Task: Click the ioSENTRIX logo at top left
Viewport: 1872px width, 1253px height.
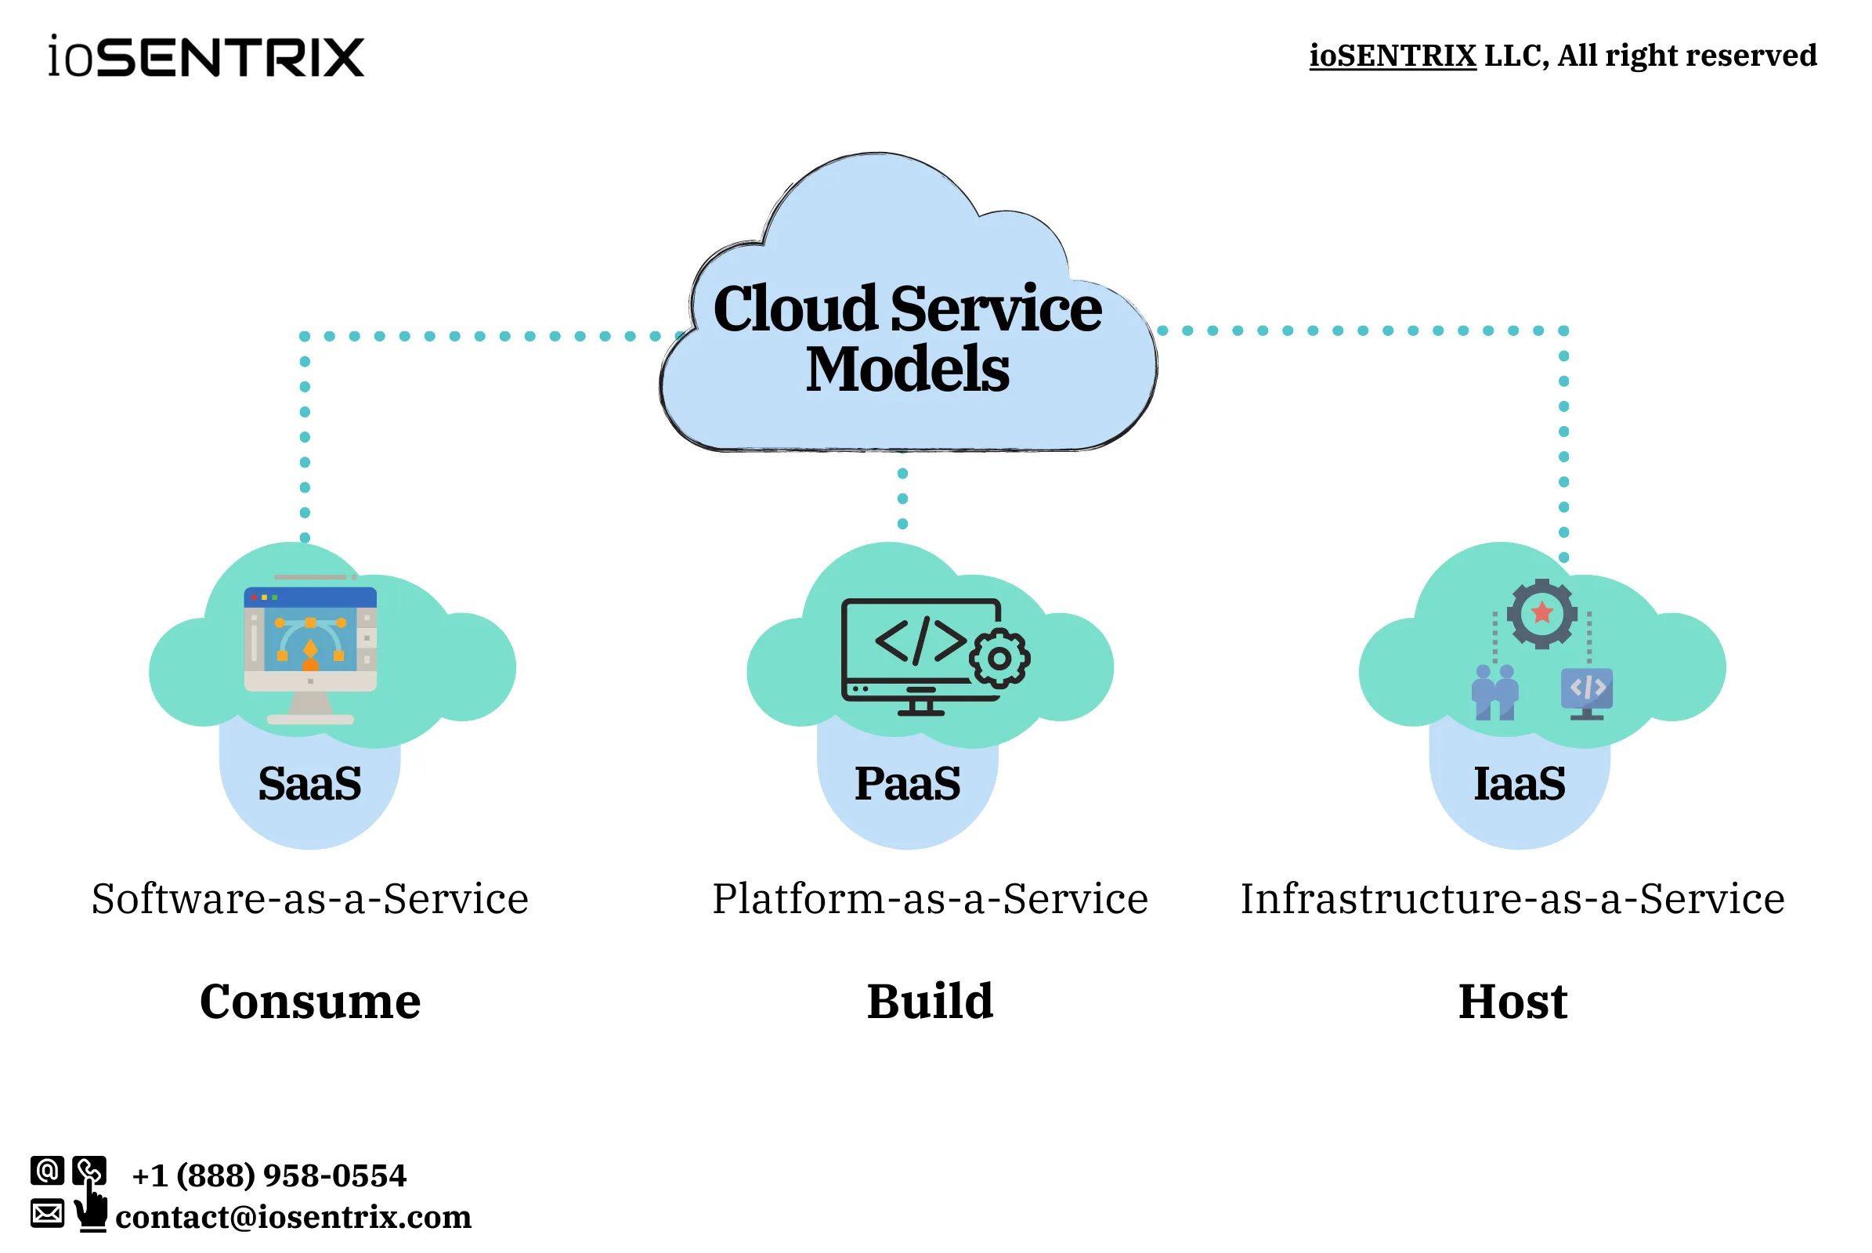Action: pyautogui.click(x=206, y=56)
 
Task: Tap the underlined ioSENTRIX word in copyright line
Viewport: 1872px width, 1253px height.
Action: pyautogui.click(x=1392, y=56)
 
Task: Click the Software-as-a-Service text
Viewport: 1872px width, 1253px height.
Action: pyautogui.click(x=310, y=899)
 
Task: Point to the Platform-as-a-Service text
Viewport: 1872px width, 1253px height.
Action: pyautogui.click(x=930, y=899)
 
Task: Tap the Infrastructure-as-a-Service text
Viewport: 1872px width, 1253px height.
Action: pyautogui.click(x=1512, y=899)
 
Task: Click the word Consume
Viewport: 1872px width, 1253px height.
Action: pyautogui.click(x=310, y=1002)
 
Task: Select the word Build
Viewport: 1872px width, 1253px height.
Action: pyautogui.click(x=930, y=1002)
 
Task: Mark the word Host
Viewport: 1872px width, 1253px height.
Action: pyautogui.click(x=1512, y=1002)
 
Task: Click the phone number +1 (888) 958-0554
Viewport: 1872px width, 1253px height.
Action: pyautogui.click(x=269, y=1175)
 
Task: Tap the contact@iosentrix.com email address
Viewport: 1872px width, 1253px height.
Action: pyautogui.click(x=294, y=1217)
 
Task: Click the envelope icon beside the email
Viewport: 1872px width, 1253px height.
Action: pyautogui.click(x=47, y=1213)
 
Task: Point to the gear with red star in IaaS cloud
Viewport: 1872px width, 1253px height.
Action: pyautogui.click(x=1542, y=614)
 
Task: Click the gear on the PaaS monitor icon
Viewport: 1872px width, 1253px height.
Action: pyautogui.click(x=999, y=659)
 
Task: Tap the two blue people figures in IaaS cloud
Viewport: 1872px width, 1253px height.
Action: pyautogui.click(x=1494, y=692)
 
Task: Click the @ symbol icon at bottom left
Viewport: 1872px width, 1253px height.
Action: pyautogui.click(x=47, y=1171)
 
